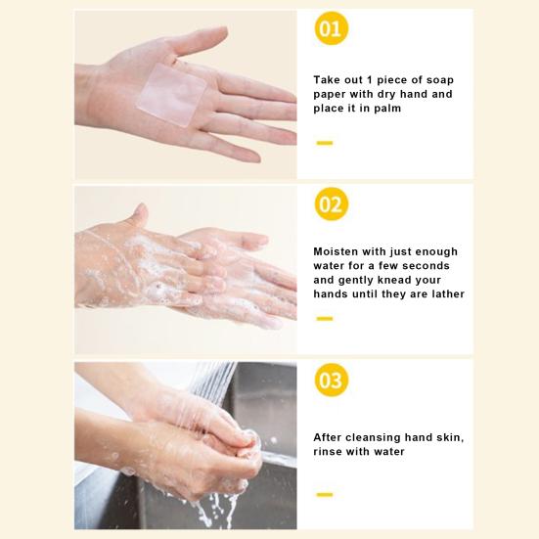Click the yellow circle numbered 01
pyautogui.click(x=332, y=28)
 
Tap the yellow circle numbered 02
pyautogui.click(x=332, y=204)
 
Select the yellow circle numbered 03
pyautogui.click(x=332, y=380)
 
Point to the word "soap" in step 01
pyautogui.click(x=440, y=80)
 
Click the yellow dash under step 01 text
pyautogui.click(x=325, y=143)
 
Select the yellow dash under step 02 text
pyautogui.click(x=325, y=319)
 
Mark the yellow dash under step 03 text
pyautogui.click(x=325, y=495)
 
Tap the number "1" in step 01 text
pyautogui.click(x=369, y=80)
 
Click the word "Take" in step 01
pyautogui.click(x=325, y=80)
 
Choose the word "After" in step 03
pyautogui.click(x=328, y=437)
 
